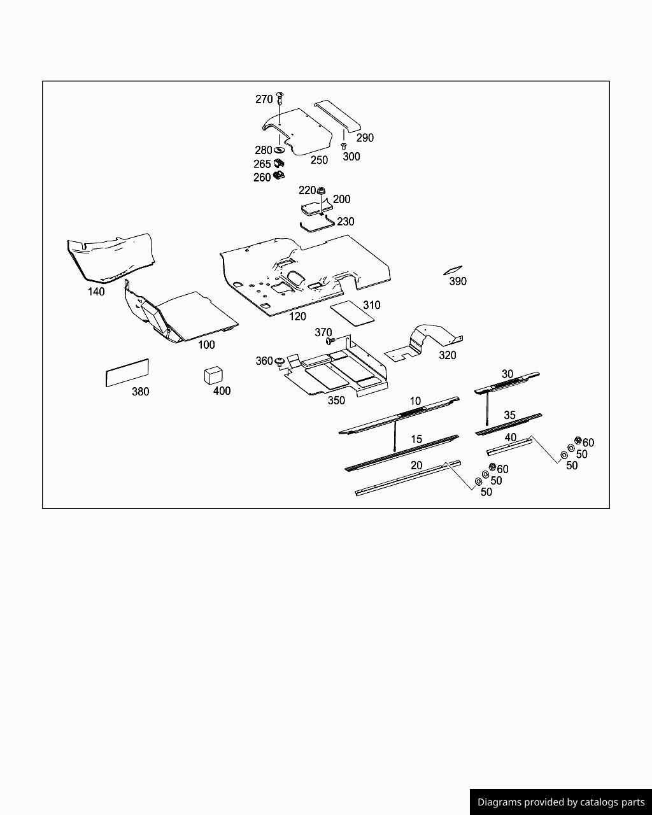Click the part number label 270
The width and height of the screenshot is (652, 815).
coord(264,99)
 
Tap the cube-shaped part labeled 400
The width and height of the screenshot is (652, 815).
coord(213,374)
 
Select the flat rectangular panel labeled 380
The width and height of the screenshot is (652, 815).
coord(127,372)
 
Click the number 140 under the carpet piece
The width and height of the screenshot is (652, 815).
coord(96,292)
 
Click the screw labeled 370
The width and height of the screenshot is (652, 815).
coord(330,341)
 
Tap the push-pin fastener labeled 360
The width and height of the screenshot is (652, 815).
coord(279,362)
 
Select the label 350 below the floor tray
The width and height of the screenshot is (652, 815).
coord(336,400)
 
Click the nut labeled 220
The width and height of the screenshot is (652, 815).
coord(322,190)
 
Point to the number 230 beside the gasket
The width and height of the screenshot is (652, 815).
coord(346,222)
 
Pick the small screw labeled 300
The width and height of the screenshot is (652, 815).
coord(344,146)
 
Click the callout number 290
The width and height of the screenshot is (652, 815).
coord(365,138)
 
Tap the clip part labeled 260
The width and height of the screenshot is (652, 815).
coord(278,175)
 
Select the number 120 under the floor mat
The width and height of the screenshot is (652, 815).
coord(297,316)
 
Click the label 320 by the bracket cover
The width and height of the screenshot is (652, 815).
coord(448,355)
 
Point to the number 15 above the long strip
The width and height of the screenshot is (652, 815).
coord(416,439)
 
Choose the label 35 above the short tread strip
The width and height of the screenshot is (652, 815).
coord(509,415)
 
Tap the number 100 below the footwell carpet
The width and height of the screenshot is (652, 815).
coord(206,344)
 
